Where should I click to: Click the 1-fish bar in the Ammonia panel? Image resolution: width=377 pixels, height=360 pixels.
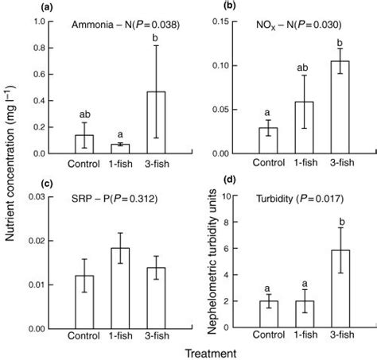point(119,149)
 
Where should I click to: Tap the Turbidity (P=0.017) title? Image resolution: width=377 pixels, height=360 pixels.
point(293,198)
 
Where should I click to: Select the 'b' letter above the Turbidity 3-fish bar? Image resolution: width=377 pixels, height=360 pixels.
point(340,215)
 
